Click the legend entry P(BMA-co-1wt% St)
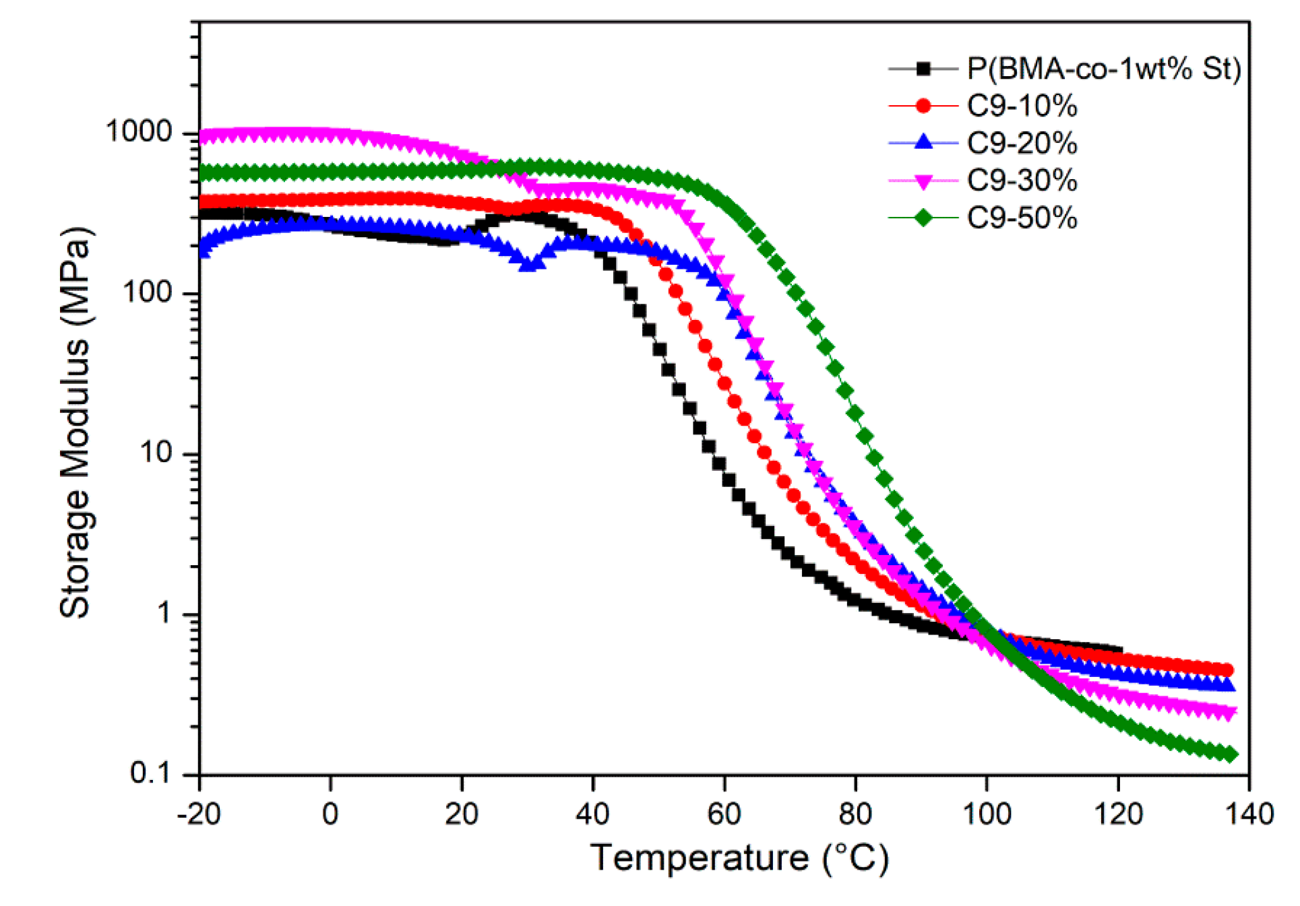(x=1103, y=69)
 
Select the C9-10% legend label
(x=1022, y=106)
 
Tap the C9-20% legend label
(x=1022, y=143)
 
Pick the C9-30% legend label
(x=1022, y=181)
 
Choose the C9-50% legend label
(x=1022, y=218)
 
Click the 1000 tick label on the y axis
(x=140, y=131)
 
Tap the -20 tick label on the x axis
(x=199, y=814)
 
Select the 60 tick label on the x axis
(x=724, y=814)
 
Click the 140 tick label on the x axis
(x=1249, y=814)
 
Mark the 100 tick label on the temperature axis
(x=987, y=814)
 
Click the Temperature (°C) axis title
(x=739, y=858)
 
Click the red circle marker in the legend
(x=923, y=106)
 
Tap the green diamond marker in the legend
(x=923, y=218)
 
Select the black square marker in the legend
(x=923, y=69)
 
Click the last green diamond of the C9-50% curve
(x=1231, y=754)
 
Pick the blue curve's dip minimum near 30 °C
(x=530, y=265)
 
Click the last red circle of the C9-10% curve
(x=1227, y=670)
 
